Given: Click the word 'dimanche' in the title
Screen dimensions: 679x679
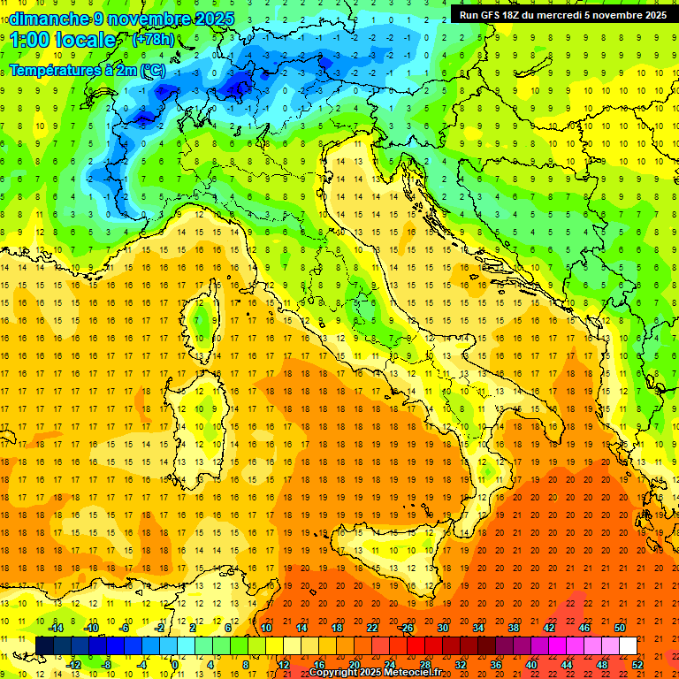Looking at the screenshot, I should click(49, 19).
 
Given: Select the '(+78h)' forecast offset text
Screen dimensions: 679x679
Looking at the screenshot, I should click(152, 41).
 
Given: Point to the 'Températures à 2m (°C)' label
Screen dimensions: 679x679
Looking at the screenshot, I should click(87, 68).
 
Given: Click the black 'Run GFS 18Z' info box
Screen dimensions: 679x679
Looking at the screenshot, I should click(562, 15).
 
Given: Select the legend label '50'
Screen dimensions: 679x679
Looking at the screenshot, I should click(620, 628).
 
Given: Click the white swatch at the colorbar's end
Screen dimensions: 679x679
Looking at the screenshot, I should click(628, 646).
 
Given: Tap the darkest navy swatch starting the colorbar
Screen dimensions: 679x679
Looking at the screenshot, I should click(44, 646).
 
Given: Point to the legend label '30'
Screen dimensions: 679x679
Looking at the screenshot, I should click(442, 628).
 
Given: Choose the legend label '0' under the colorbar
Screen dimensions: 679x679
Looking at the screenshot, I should click(175, 665).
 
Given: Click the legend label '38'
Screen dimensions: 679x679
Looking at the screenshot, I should click(513, 628).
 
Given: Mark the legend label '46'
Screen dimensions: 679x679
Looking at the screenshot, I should click(584, 628).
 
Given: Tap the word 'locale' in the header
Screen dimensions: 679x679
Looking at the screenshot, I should click(93, 41).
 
